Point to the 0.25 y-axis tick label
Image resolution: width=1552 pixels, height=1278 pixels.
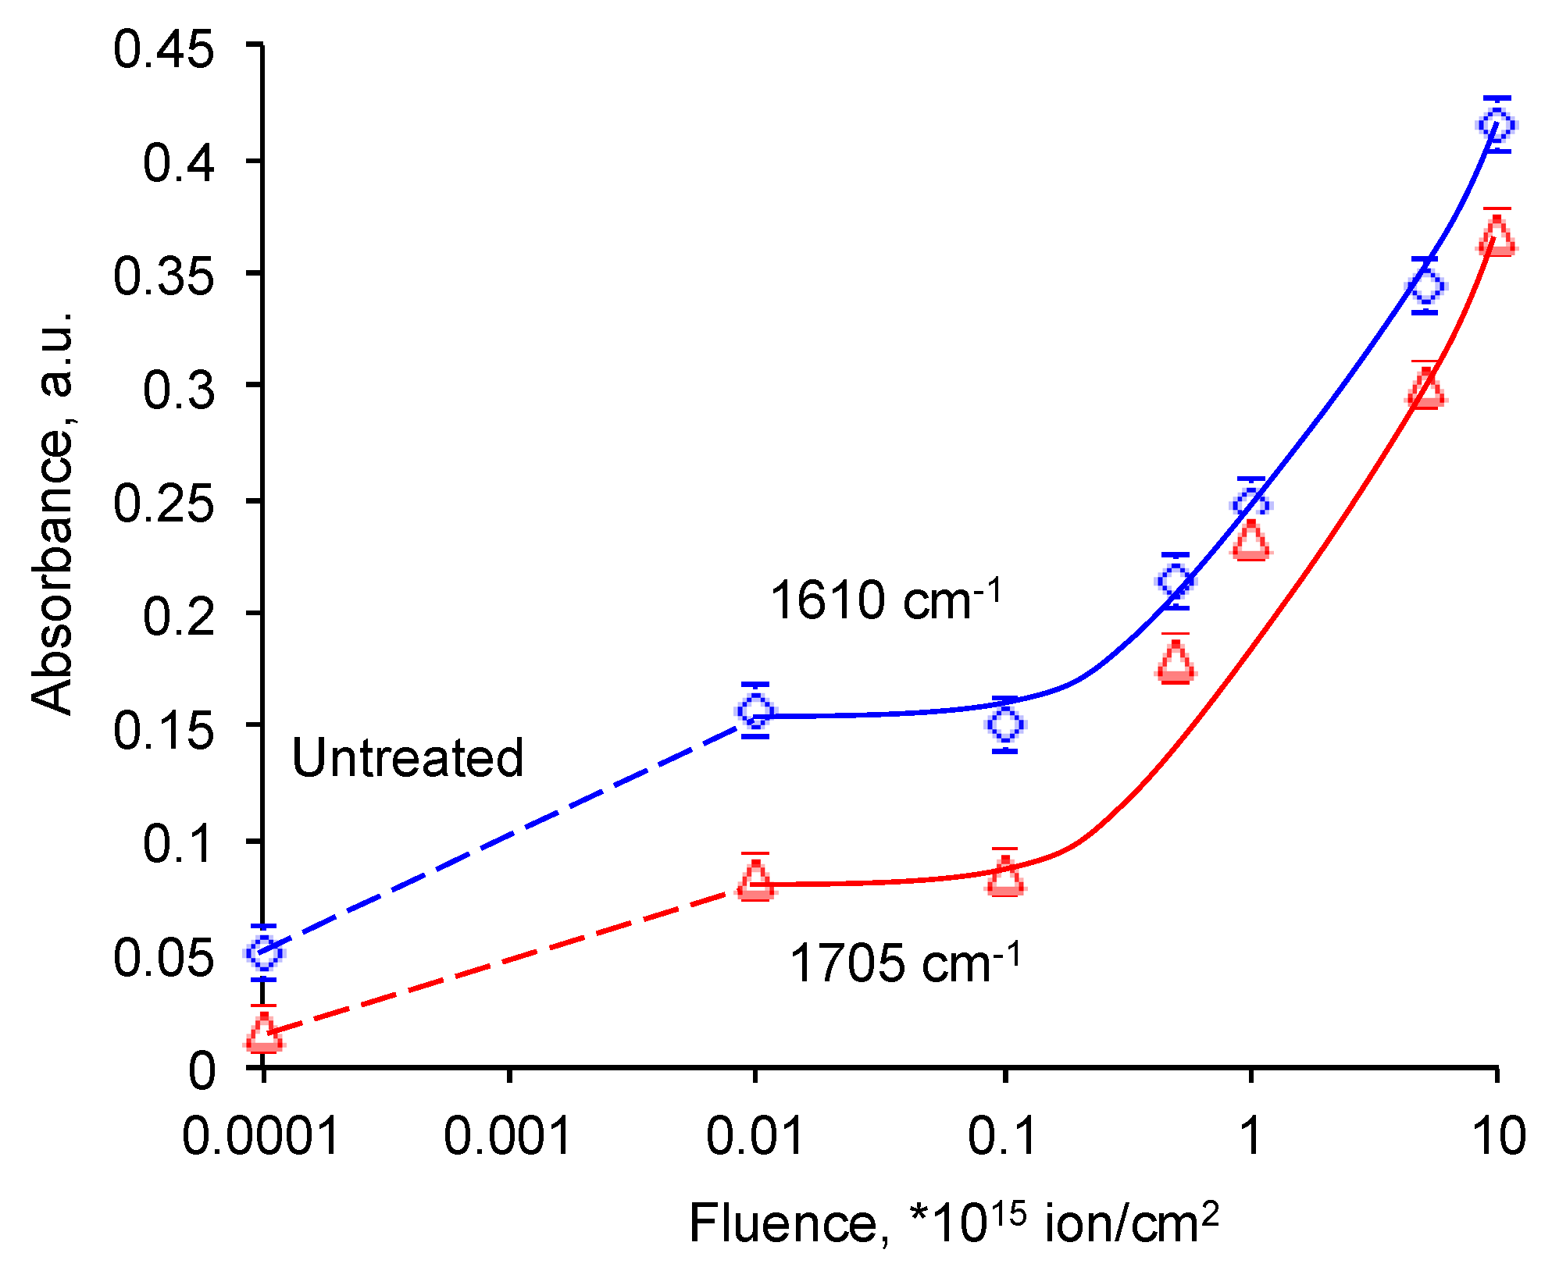(163, 502)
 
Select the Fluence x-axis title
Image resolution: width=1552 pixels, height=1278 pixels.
(953, 1223)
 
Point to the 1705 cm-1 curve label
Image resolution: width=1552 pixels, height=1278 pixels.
(904, 962)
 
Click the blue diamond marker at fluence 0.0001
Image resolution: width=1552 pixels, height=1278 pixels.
(264, 952)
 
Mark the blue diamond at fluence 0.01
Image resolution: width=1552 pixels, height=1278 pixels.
(755, 710)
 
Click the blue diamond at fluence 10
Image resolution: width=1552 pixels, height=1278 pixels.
(1497, 124)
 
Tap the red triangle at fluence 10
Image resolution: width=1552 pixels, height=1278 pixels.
(1497, 237)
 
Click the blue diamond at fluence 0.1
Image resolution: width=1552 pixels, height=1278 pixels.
(1005, 724)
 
